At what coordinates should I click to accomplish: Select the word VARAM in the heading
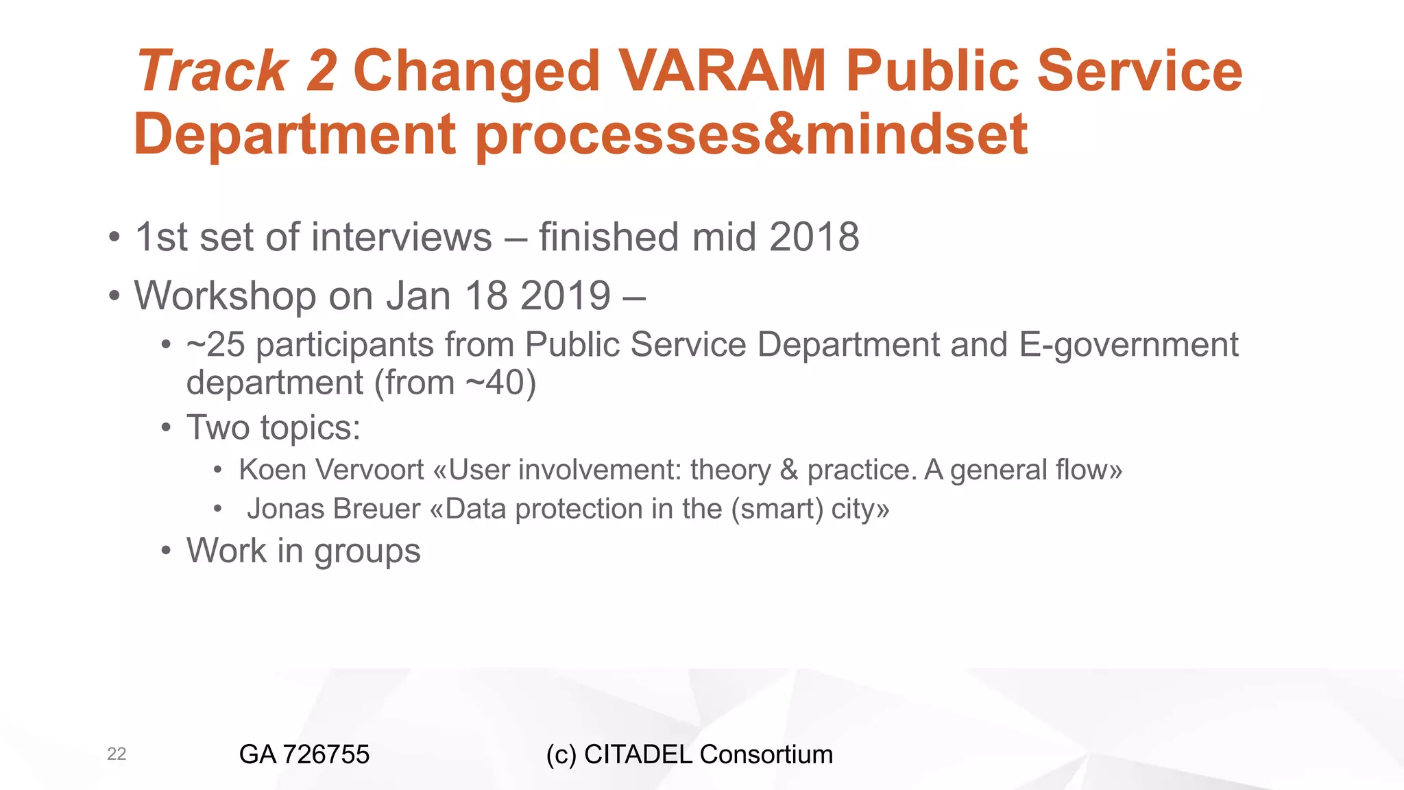[722, 71]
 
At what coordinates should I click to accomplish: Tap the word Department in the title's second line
[295, 134]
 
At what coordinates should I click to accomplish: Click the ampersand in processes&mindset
[784, 134]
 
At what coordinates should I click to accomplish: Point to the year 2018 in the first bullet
[814, 237]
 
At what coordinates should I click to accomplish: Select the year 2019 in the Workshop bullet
[565, 296]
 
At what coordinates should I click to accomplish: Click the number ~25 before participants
[215, 345]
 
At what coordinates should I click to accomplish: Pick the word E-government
[1128, 345]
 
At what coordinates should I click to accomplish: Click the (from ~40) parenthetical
[455, 383]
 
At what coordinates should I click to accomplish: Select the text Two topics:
[274, 428]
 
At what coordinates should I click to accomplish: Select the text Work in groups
[303, 551]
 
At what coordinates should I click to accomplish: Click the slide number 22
[117, 754]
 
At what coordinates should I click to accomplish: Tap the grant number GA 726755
[304, 754]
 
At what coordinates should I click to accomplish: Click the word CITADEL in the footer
[638, 754]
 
